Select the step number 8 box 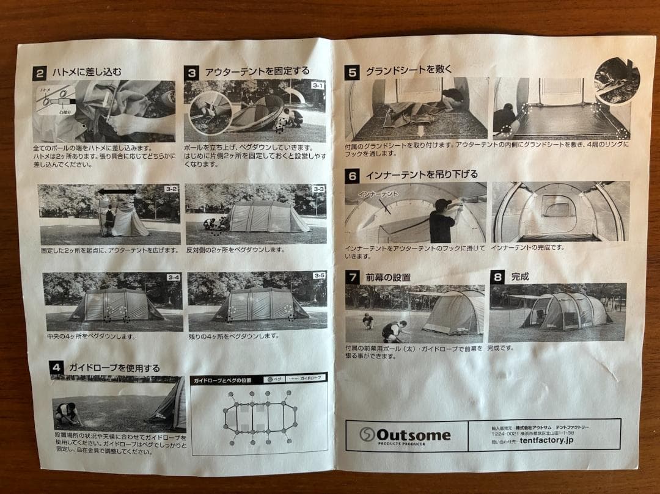pos(497,277)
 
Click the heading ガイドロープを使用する pos(114,368)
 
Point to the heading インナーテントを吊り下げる pos(422,175)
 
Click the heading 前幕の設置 pos(388,277)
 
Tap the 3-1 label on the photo pos(318,86)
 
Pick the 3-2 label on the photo pos(171,190)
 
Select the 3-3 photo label pos(318,190)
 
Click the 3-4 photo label pos(174,278)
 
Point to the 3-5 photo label pos(319,276)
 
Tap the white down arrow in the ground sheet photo pos(420,131)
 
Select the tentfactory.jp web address pos(547,440)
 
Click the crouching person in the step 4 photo pos(67,413)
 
